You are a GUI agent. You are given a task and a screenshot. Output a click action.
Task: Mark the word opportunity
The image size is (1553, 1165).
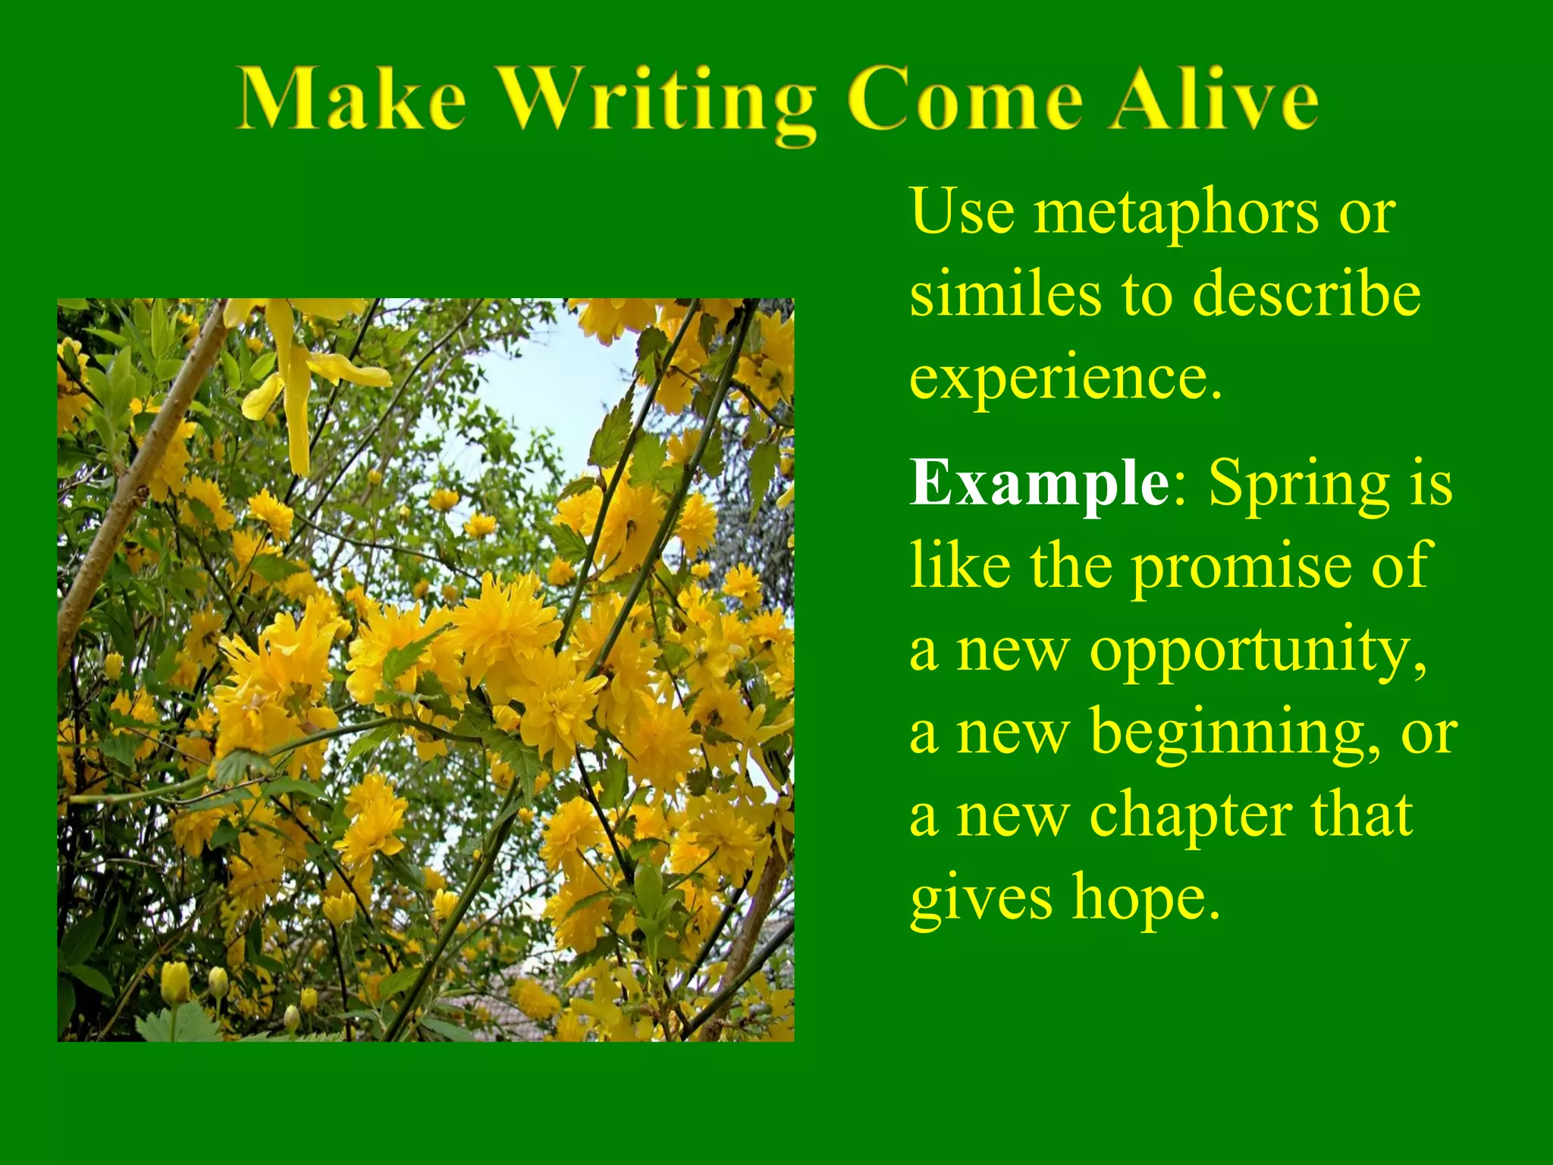click(x=1258, y=651)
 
